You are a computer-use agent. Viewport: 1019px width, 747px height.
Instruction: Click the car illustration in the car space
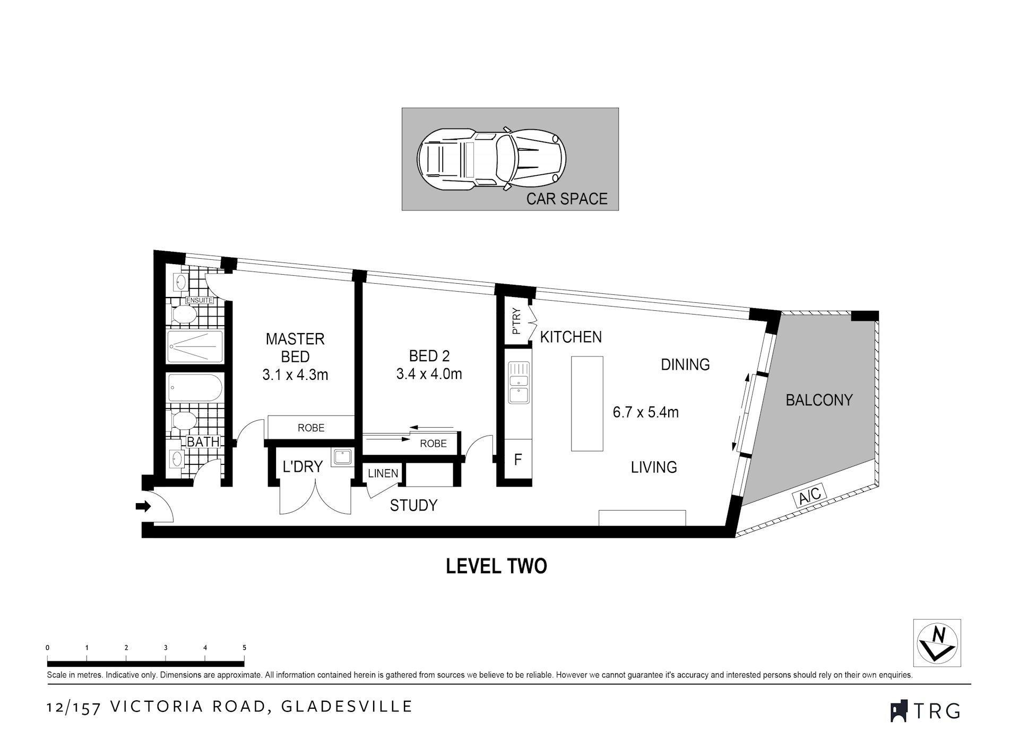[491, 159]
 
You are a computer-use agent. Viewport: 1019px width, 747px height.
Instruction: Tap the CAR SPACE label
[566, 199]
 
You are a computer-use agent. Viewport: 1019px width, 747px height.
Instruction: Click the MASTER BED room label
[295, 347]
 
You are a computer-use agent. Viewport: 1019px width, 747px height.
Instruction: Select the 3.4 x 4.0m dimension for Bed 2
[429, 373]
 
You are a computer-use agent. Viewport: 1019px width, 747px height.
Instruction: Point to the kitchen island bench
[587, 403]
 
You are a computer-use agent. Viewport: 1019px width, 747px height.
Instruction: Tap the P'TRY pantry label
[516, 322]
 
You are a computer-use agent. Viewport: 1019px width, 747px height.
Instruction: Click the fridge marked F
[518, 460]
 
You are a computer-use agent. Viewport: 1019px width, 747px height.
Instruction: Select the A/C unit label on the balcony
[809, 495]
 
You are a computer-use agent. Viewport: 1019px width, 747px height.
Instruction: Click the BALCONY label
[819, 400]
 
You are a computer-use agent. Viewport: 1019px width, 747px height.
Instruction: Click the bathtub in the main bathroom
[195, 388]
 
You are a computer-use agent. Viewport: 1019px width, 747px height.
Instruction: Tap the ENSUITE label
[199, 301]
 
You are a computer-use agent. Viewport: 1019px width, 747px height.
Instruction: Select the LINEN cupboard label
[383, 473]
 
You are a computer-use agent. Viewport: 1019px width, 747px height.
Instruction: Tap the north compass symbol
[937, 642]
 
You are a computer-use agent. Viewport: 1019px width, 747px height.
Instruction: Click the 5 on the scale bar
[244, 648]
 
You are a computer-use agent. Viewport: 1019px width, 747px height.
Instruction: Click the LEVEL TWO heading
[496, 566]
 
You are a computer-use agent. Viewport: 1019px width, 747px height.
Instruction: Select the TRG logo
[926, 710]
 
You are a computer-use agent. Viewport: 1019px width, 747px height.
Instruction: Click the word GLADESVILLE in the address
[347, 707]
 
